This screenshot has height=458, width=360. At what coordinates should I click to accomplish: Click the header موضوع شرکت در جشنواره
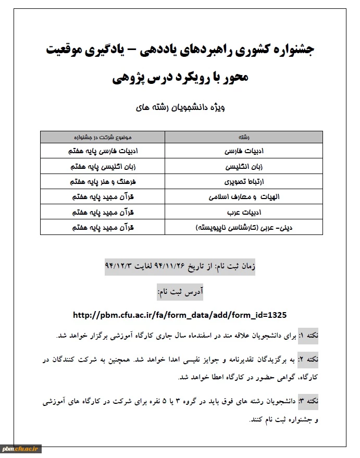tap(102, 137)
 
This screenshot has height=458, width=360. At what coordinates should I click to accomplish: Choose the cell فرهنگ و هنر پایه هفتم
tap(102, 182)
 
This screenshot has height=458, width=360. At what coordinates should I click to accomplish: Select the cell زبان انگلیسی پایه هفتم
tap(102, 167)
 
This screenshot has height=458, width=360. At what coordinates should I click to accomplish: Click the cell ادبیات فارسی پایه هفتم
tap(102, 151)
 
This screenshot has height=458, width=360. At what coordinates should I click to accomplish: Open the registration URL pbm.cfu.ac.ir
tap(180, 315)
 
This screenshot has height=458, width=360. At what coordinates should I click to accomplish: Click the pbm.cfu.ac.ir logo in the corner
tap(21, 449)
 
